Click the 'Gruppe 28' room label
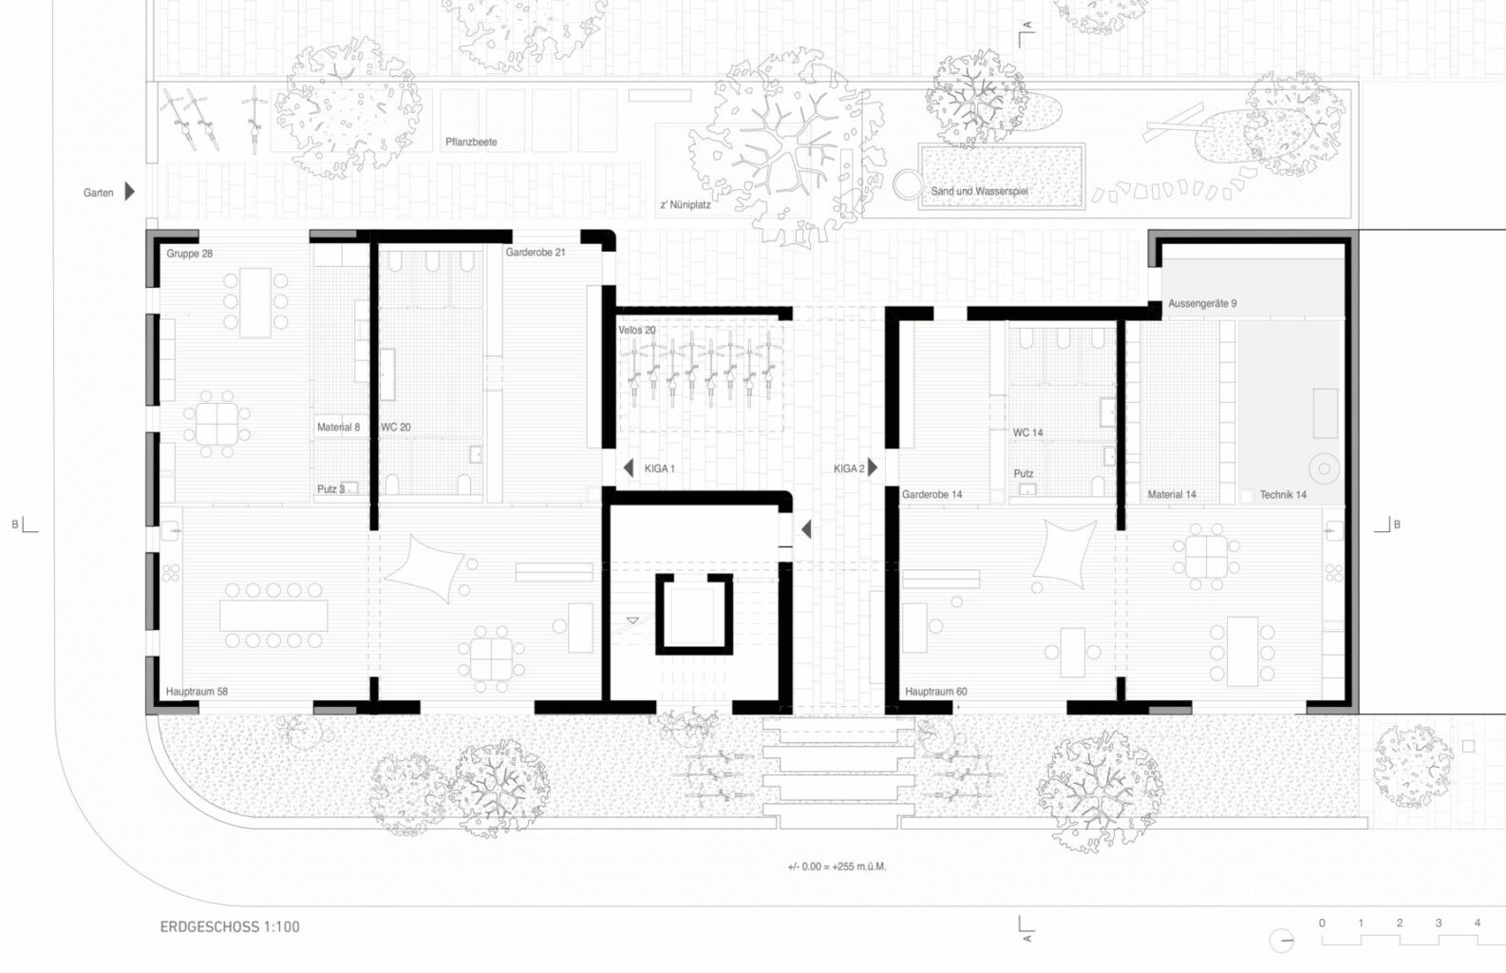(x=190, y=254)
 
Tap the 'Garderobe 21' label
(x=536, y=253)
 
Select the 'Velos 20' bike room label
(x=637, y=330)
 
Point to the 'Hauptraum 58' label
(x=197, y=691)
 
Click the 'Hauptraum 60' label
(x=936, y=691)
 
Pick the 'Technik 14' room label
(x=1283, y=494)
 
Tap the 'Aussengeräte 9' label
(x=1202, y=303)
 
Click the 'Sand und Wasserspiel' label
(x=980, y=191)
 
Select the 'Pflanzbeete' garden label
(x=471, y=142)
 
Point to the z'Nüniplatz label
(x=685, y=204)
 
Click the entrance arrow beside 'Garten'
(x=130, y=192)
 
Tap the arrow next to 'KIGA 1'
(x=629, y=467)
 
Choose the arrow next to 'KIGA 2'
(x=873, y=467)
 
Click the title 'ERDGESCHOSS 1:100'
(x=230, y=926)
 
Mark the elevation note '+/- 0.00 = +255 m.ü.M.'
(x=838, y=867)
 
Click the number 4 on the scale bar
(x=1478, y=923)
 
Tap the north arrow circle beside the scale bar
(x=1282, y=940)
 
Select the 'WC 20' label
(x=395, y=428)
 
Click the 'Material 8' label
(x=338, y=428)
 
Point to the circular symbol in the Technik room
(x=1324, y=469)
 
